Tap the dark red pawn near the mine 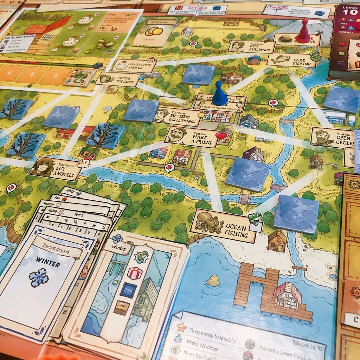pos(303,32)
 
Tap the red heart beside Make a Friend pos(221,136)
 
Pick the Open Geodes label pos(327,137)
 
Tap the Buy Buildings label pos(251,46)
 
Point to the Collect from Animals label pos(133,65)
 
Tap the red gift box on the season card pos(135,273)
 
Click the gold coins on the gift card pos(154,31)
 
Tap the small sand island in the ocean pos(213,280)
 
